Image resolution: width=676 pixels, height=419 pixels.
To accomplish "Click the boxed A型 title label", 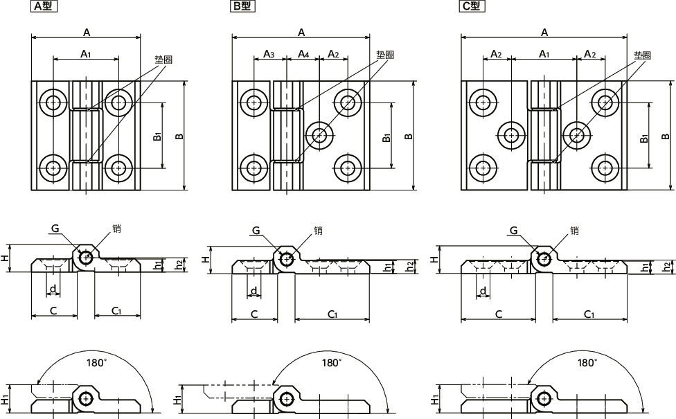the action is pos(44,6).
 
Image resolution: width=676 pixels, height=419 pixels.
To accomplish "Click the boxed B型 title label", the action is pos(242,6).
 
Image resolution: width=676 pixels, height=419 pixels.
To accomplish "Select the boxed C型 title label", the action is pos(472,6).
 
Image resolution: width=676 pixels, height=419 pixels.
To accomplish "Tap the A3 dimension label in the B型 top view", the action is pos(269,54).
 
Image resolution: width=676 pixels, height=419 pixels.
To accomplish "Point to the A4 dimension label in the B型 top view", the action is pos(303,54).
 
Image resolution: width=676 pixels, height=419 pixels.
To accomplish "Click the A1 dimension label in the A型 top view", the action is pos(86,54).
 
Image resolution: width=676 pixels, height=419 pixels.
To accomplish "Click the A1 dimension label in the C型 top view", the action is pos(544,54).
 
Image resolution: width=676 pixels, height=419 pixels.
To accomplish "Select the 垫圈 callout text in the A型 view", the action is pos(164,59).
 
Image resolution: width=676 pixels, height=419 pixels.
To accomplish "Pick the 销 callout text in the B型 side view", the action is pos(318,231).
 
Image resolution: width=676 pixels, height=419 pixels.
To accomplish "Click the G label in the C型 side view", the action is pos(513,231).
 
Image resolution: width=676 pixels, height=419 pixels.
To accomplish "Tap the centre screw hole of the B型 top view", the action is pos(319,135).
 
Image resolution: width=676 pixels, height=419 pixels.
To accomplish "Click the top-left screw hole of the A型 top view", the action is pos(53,102).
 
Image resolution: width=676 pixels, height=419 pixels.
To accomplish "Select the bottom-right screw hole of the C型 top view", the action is pos(605,168).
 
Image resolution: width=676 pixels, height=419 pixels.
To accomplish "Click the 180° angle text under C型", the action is pos(587,363).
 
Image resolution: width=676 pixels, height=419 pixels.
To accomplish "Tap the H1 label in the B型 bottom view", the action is pos(177,400).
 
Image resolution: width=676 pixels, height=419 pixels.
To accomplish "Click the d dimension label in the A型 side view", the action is pos(53,289).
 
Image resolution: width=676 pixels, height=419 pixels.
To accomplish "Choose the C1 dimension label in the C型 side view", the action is pos(589,314).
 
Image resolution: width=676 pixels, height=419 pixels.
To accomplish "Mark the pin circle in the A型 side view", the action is pos(86,258).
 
